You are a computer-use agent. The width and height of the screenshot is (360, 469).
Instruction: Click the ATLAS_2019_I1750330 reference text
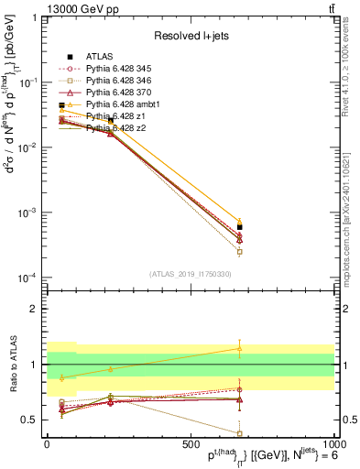[191, 273]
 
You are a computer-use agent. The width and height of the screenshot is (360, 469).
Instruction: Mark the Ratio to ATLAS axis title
[12, 365]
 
